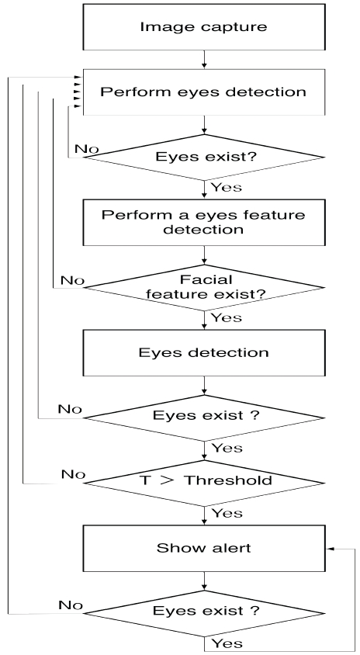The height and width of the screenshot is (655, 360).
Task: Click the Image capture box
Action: coord(204,27)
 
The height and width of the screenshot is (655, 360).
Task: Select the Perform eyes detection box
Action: coord(204,92)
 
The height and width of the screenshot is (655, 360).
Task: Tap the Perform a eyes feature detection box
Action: coord(204,222)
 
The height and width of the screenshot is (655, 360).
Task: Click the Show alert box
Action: coord(204,548)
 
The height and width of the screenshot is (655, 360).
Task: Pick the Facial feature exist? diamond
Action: coord(204,287)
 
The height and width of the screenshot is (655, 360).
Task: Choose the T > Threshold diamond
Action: coord(204,483)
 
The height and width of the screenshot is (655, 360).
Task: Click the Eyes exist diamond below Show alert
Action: coord(204,613)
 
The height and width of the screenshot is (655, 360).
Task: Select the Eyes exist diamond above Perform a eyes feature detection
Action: coord(204,157)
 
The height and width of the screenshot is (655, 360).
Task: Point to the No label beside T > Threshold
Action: coord(73,474)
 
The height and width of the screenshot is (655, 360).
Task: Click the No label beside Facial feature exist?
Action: coord(72,280)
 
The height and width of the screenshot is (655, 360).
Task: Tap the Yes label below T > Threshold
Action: coord(227,513)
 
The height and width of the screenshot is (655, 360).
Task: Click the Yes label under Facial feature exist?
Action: coord(227,318)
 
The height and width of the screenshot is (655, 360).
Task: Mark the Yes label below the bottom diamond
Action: coord(227,643)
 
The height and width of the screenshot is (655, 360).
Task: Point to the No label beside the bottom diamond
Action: coord(71,605)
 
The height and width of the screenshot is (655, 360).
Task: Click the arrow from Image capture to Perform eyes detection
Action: coord(204,59)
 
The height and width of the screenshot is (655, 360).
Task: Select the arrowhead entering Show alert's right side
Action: coord(330,548)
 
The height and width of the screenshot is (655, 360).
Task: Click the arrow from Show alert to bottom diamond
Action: coord(204,580)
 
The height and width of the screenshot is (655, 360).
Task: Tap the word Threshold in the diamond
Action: coord(228,480)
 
